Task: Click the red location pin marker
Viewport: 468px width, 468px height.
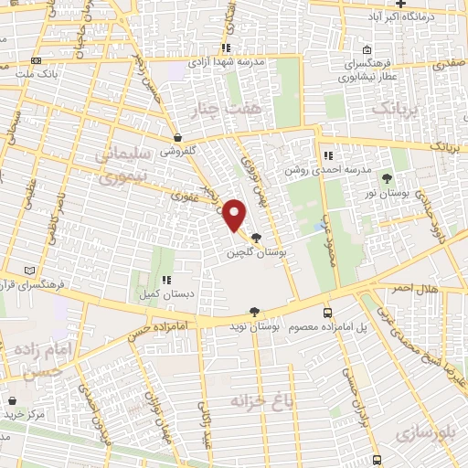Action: pyautogui.click(x=235, y=216)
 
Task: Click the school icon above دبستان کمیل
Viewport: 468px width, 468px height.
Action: pyautogui.click(x=165, y=280)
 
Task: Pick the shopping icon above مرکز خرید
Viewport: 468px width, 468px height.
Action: pyautogui.click(x=12, y=399)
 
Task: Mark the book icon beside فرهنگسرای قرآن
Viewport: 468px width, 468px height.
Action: pyautogui.click(x=32, y=271)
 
